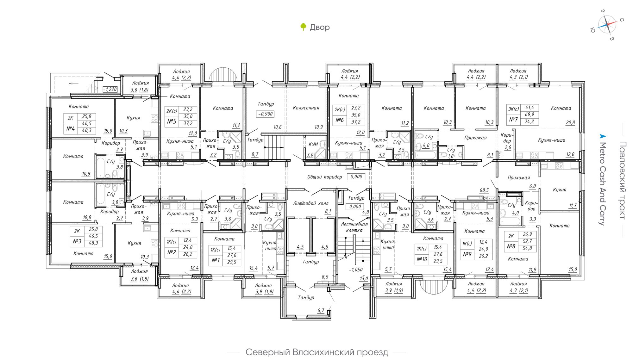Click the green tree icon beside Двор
click(303, 27)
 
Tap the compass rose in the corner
click(607, 25)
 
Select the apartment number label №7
click(513, 120)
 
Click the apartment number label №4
click(70, 128)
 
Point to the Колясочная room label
click(306, 108)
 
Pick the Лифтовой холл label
click(311, 203)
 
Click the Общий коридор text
click(325, 177)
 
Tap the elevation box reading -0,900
click(265, 114)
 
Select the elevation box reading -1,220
click(110, 89)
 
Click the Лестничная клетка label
click(354, 227)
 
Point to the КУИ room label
click(313, 144)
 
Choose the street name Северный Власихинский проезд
click(317, 352)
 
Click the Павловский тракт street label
click(622, 180)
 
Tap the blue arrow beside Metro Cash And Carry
click(603, 136)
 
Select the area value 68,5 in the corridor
click(484, 190)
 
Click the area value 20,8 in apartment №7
click(570, 123)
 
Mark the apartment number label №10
click(422, 259)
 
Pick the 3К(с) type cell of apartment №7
click(514, 109)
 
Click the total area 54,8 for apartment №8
click(527, 248)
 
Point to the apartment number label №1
click(216, 260)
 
